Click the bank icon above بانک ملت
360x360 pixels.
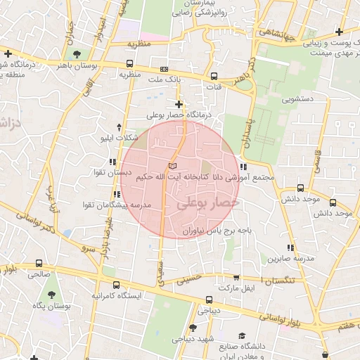click(x=165, y=69)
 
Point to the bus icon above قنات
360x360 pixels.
click(x=214, y=77)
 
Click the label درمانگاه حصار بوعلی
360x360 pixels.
click(x=176, y=115)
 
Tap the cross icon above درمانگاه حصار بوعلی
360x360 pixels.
click(x=179, y=104)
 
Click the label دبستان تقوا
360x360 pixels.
click(x=113, y=172)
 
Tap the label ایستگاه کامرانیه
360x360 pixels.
click(x=115, y=295)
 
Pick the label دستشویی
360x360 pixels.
click(x=298, y=100)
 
